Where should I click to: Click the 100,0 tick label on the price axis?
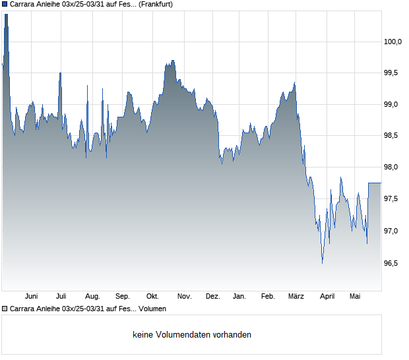[x=393, y=42]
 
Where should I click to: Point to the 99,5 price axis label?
[x=391, y=73]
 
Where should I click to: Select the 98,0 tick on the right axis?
[x=391, y=167]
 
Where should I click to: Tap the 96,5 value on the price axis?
[x=391, y=263]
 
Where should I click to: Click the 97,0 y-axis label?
[x=391, y=231]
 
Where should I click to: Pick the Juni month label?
[x=31, y=297]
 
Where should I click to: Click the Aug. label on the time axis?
[x=92, y=297]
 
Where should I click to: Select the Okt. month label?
[x=152, y=297]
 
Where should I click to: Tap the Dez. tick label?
[x=213, y=297]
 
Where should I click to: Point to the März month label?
[x=296, y=297]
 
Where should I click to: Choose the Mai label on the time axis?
[x=355, y=297]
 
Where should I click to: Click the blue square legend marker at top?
[x=5, y=4]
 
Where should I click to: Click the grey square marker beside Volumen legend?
[x=5, y=309]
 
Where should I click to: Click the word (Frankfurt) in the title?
[x=156, y=5]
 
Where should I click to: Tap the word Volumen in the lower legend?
[x=152, y=309]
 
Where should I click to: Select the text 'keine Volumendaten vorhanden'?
[x=192, y=334]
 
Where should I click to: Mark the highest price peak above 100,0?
[x=6, y=15]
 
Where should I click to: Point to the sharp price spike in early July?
[x=60, y=73]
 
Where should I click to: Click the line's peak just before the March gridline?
[x=294, y=82]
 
